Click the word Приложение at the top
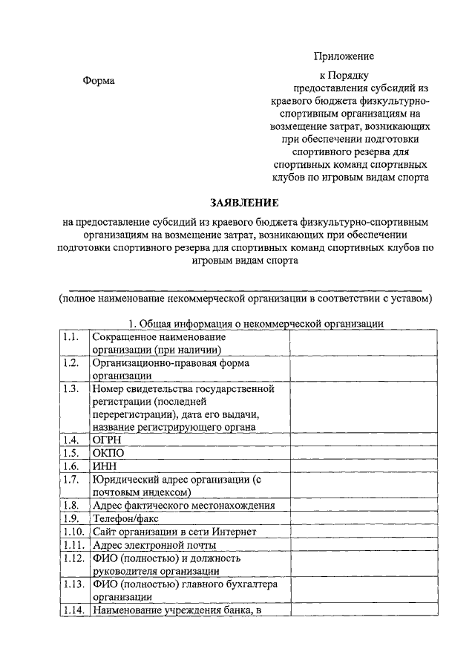tap(344, 56)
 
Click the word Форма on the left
tap(98, 80)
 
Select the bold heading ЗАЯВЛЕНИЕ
tap(244, 203)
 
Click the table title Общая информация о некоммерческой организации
tap(256, 324)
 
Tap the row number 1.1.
tap(71, 337)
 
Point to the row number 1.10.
tap(73, 532)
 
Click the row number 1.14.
tap(73, 610)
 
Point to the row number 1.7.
tap(71, 480)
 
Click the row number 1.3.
tap(71, 389)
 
